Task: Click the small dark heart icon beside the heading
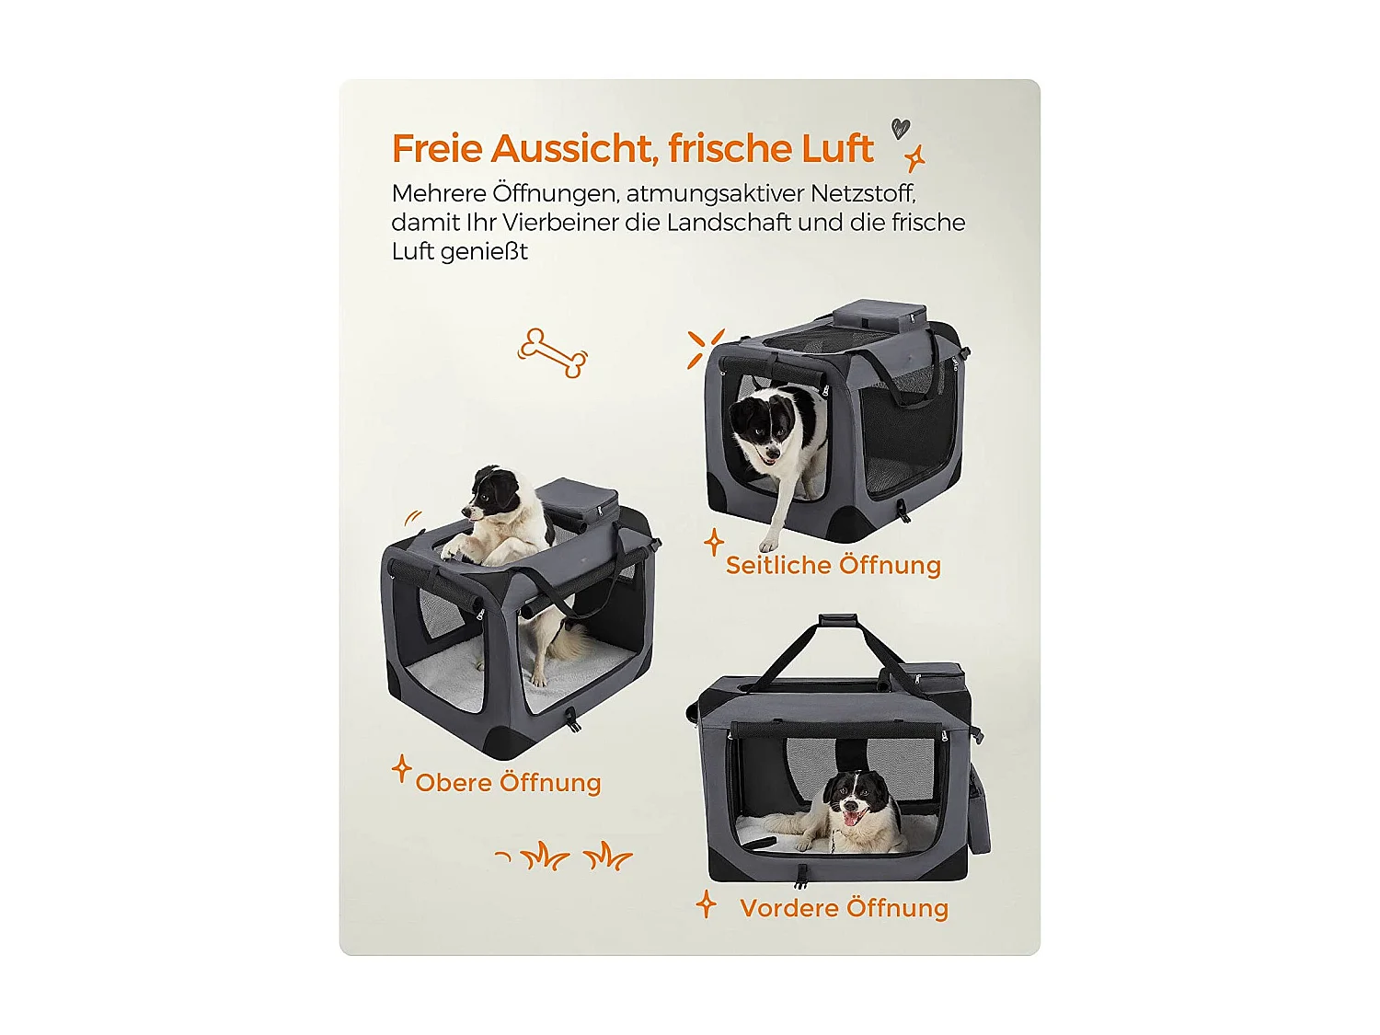pos(900,128)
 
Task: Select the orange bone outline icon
pos(552,353)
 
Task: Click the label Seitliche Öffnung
pos(833,565)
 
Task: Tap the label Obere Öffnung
pos(508,783)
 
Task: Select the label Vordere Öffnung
pos(844,908)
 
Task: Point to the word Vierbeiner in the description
pos(561,223)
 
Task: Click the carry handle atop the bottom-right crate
pos(837,622)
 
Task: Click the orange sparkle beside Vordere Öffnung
pos(706,905)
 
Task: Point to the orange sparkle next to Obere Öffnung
pos(401,769)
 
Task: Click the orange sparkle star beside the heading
pos(914,158)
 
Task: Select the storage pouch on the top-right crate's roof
pos(879,315)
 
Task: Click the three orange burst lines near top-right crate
pos(705,348)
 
